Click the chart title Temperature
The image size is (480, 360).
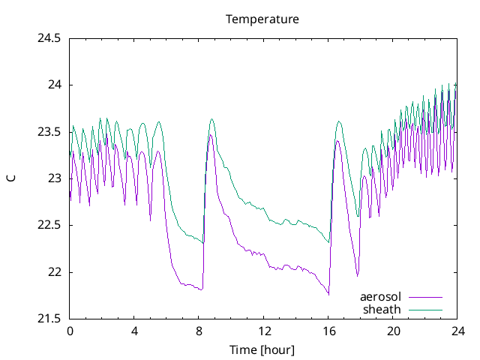pyautogui.click(x=262, y=19)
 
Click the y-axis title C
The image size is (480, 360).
pyautogui.click(x=11, y=178)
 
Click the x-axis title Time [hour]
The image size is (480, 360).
pyautogui.click(x=262, y=349)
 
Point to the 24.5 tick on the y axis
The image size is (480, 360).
pyautogui.click(x=49, y=38)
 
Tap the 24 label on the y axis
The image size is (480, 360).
pyautogui.click(x=54, y=85)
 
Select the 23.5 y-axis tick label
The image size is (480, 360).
pyautogui.click(x=49, y=132)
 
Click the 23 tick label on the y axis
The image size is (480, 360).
pyautogui.click(x=54, y=178)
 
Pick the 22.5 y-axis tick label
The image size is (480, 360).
pyautogui.click(x=49, y=225)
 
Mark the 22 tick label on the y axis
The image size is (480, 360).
pyautogui.click(x=54, y=272)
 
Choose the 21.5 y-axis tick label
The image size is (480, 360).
pyautogui.click(x=49, y=319)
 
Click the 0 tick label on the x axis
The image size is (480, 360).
pyautogui.click(x=70, y=331)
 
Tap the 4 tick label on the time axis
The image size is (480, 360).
pyautogui.click(x=134, y=331)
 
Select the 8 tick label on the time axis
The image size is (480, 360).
pyautogui.click(x=199, y=331)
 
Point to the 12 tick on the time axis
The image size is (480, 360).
pyautogui.click(x=264, y=331)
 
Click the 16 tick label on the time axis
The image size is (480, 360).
pyautogui.click(x=328, y=331)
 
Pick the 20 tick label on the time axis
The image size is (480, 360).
pyautogui.click(x=393, y=331)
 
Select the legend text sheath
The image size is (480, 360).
pyautogui.click(x=382, y=309)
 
